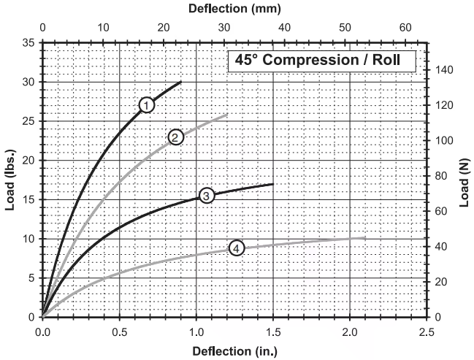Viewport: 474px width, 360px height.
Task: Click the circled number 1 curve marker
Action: pos(147,104)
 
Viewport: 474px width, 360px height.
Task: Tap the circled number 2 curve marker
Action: pos(175,137)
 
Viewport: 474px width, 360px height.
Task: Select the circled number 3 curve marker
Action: pos(207,195)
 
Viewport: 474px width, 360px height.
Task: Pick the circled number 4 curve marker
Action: pos(237,248)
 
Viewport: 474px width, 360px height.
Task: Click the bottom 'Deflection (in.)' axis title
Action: pos(234,351)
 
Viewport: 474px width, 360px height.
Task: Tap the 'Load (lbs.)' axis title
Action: pos(10,180)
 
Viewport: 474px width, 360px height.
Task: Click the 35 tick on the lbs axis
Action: pos(28,42)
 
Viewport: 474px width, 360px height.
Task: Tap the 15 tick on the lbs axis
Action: pos(28,199)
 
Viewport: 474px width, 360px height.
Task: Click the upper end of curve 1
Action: pos(181,82)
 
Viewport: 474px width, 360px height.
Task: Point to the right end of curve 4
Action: pos(365,237)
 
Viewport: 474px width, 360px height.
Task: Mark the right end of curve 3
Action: pos(273,184)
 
